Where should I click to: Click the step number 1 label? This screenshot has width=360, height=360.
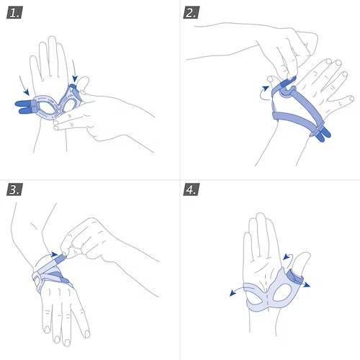click(x=14, y=13)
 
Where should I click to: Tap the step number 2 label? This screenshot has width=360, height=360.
click(x=192, y=13)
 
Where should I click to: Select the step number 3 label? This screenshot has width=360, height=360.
click(x=14, y=189)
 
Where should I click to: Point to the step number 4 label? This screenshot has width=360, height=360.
click(x=192, y=189)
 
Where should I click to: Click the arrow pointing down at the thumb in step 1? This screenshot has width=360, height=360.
click(x=74, y=71)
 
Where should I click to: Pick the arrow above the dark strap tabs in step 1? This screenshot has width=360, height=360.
click(x=24, y=86)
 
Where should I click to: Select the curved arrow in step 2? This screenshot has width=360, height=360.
click(x=264, y=94)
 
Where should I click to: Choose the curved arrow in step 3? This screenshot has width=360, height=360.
click(x=45, y=258)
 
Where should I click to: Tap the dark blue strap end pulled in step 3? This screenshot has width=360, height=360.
click(x=60, y=259)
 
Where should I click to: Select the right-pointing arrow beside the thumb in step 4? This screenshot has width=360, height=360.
click(x=306, y=284)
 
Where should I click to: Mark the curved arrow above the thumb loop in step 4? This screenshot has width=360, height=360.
click(x=287, y=256)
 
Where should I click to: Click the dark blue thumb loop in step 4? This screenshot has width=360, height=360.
click(x=296, y=276)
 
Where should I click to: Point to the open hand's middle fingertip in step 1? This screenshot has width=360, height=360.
click(x=52, y=38)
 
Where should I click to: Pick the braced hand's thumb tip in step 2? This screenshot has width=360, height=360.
click(x=271, y=78)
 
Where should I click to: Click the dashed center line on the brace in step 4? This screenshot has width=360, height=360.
click(x=266, y=292)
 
